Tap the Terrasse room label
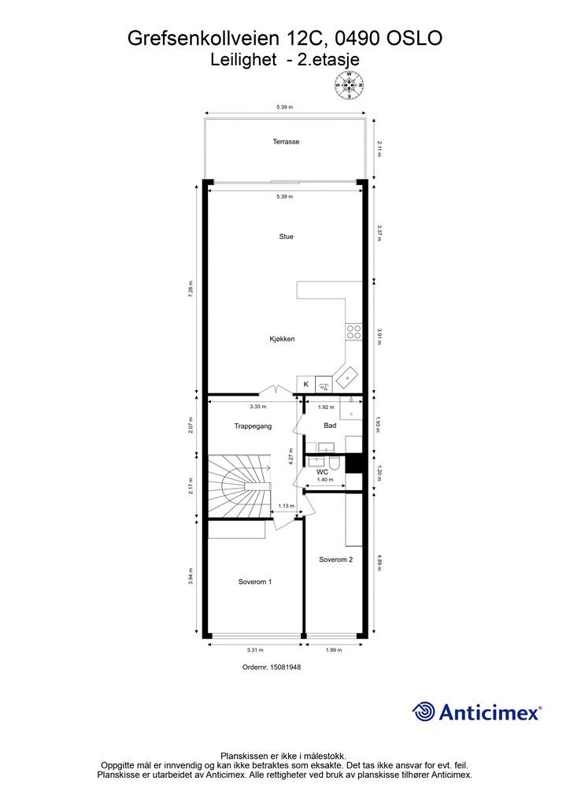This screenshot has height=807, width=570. click(286, 142)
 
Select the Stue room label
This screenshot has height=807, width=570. click(287, 236)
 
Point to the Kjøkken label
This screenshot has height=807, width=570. click(282, 339)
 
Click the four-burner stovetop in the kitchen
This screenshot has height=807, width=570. click(354, 331)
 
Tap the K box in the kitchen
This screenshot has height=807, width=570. click(305, 384)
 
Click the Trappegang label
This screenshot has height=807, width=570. click(253, 426)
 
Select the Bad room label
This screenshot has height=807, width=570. click(330, 426)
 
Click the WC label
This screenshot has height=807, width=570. click(322, 472)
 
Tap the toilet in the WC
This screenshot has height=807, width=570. click(334, 463)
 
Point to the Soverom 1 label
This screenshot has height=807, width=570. click(255, 582)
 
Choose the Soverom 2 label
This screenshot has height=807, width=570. click(335, 560)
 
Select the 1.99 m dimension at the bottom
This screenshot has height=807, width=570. click(334, 650)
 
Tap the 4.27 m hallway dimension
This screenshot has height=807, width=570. click(291, 456)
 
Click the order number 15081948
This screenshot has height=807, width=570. click(272, 667)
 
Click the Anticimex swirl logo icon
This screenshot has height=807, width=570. click(424, 712)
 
